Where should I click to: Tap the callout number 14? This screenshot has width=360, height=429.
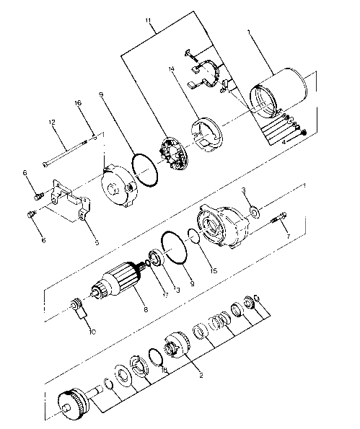pyautogui.click(x=172, y=69)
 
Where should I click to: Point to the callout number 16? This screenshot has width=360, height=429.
pyautogui.click(x=78, y=104)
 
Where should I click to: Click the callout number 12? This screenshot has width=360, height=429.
pyautogui.click(x=52, y=123)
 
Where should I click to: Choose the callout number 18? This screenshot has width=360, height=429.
pyautogui.click(x=165, y=370)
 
